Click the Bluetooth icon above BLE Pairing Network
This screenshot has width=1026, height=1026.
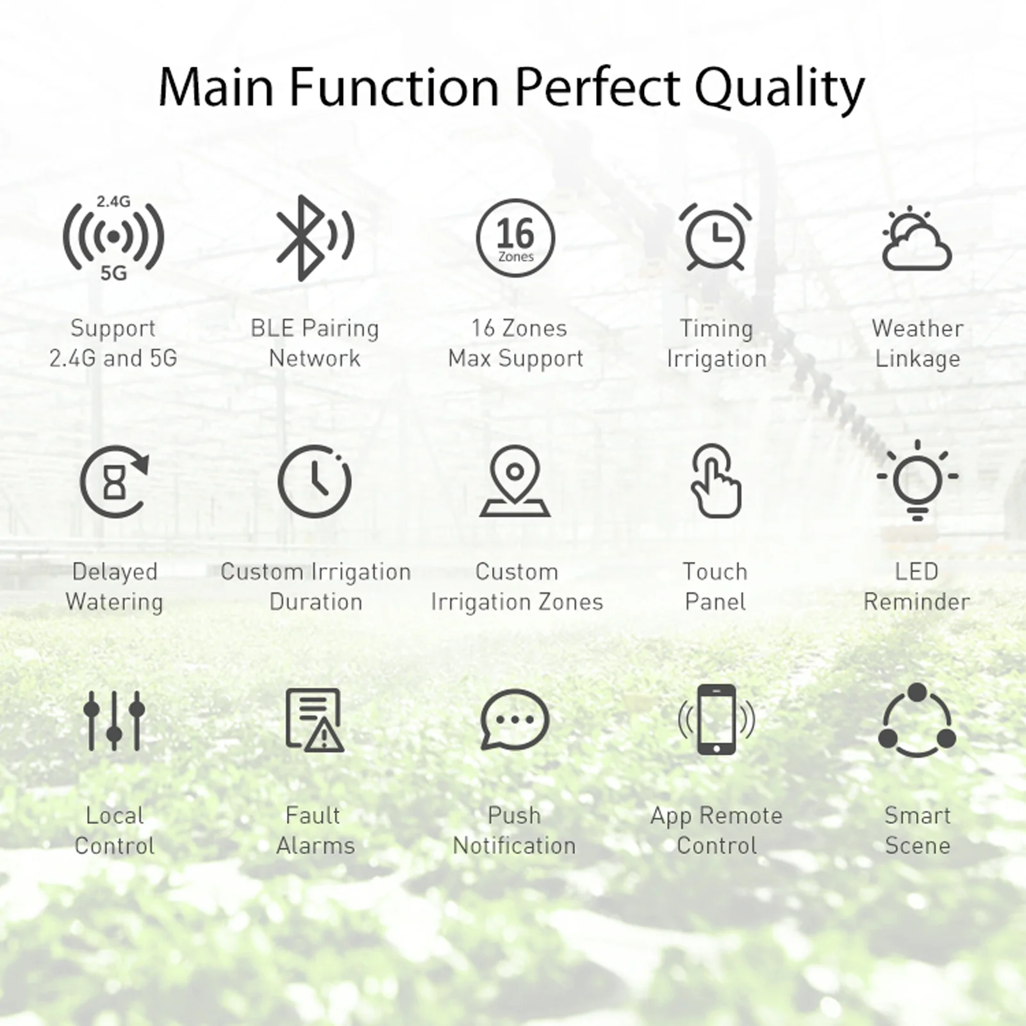pyautogui.click(x=313, y=238)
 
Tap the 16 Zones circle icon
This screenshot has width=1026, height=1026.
pyautogui.click(x=515, y=238)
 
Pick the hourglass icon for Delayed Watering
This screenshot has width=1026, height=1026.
pyautogui.click(x=114, y=481)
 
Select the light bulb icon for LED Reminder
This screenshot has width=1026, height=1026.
pyautogui.click(x=917, y=481)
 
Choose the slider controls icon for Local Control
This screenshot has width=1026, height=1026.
pyautogui.click(x=114, y=721)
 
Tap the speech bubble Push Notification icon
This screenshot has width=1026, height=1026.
pyautogui.click(x=515, y=720)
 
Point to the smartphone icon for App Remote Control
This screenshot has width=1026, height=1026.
pyautogui.click(x=716, y=720)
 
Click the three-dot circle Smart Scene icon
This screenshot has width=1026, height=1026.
pyautogui.click(x=917, y=721)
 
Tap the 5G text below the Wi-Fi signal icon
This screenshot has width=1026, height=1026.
pyautogui.click(x=113, y=274)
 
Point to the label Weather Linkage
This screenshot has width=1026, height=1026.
pyautogui.click(x=917, y=343)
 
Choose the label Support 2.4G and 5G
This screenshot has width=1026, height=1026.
pyautogui.click(x=113, y=343)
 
